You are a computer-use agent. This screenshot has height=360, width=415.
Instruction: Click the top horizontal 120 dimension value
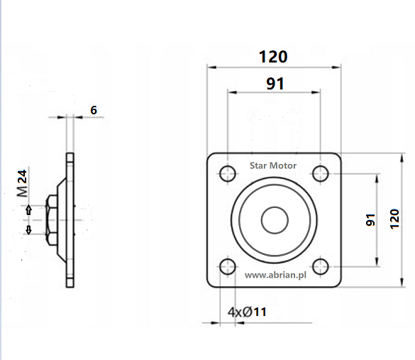[x=273, y=57]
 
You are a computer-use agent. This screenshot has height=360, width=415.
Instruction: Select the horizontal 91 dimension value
[x=275, y=84]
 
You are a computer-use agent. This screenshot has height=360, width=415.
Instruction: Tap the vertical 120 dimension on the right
[x=394, y=219]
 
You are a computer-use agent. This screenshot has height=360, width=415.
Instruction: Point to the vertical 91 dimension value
[x=370, y=220]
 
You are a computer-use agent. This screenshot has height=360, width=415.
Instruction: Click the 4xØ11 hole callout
[x=247, y=312]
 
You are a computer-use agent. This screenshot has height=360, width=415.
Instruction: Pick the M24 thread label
[x=22, y=184]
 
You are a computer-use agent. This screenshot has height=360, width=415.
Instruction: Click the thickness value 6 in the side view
[x=94, y=110]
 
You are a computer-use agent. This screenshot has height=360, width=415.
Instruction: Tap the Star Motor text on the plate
[x=273, y=165]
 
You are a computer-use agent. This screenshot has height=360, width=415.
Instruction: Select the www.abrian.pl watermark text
[x=275, y=276]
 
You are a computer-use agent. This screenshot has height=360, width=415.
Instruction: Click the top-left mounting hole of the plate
[x=228, y=173]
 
